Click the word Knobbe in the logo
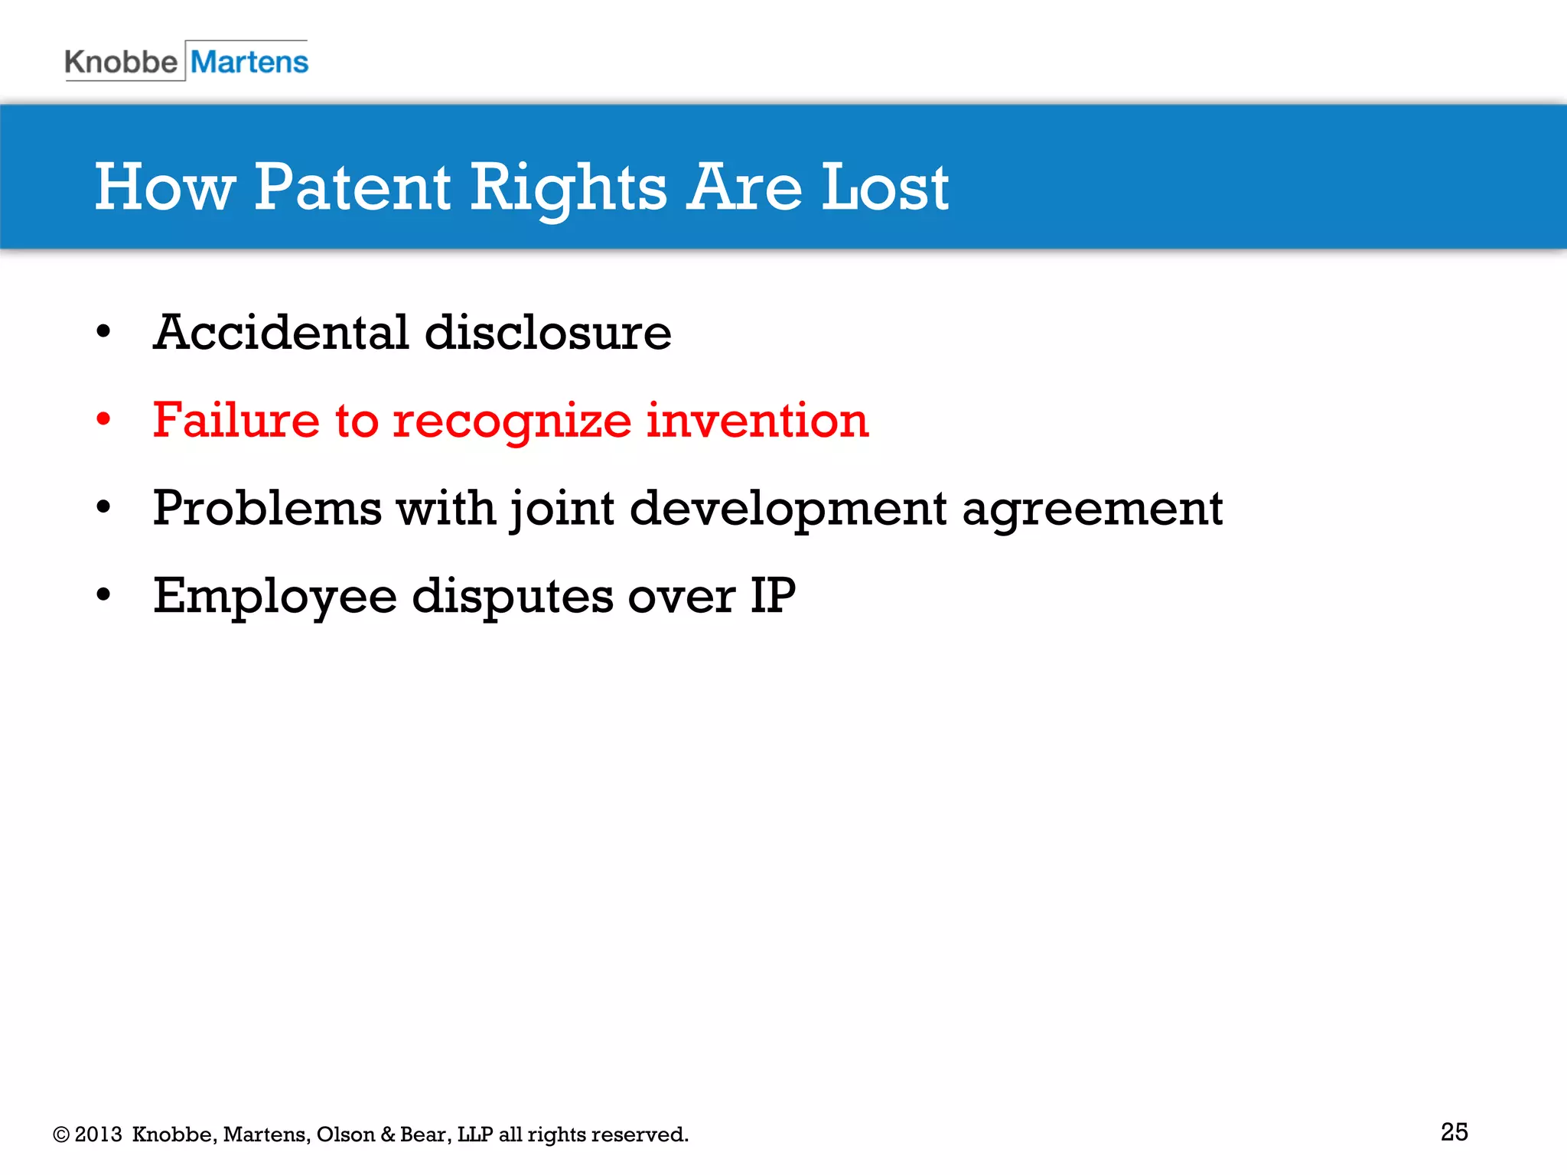click(121, 62)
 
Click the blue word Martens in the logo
click(249, 62)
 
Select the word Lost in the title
click(884, 187)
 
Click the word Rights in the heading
click(568, 189)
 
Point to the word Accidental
click(281, 333)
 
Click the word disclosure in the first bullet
click(548, 333)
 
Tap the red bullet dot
click(103, 419)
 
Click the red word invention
click(757, 420)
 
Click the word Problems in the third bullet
click(267, 508)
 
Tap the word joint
click(562, 509)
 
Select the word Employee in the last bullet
click(275, 597)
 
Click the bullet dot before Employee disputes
click(103, 594)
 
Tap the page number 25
click(1454, 1131)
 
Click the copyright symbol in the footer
click(61, 1134)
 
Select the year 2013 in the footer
click(98, 1134)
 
